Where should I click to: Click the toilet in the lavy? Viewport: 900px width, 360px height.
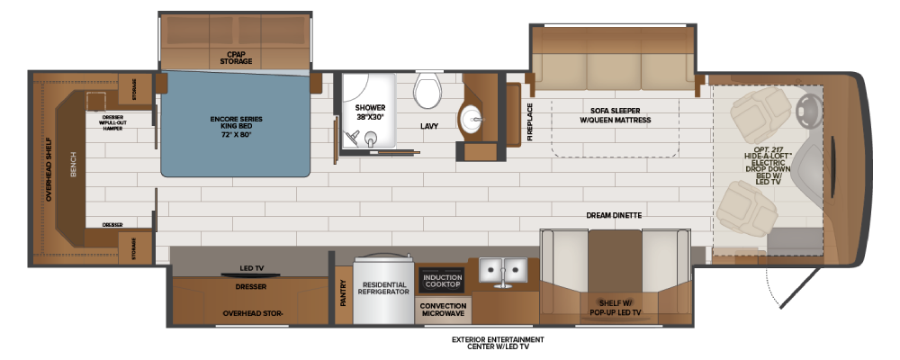[x=427, y=90]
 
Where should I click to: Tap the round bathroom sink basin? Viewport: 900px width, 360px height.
[x=472, y=120]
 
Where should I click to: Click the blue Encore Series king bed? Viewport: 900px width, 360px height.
[x=236, y=124]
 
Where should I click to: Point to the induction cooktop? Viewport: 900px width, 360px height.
[x=443, y=281]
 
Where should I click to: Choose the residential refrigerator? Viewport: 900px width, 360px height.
[x=383, y=288]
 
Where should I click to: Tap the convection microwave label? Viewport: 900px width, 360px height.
[x=443, y=310]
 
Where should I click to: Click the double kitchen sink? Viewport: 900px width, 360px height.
[x=503, y=270]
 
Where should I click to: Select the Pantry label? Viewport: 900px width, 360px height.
[x=343, y=292]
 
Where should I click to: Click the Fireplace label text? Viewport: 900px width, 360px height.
[x=530, y=121]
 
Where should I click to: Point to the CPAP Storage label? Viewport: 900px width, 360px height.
[x=236, y=58]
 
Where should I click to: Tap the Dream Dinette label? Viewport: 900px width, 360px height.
[x=614, y=215]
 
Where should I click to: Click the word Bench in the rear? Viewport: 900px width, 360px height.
[x=73, y=165]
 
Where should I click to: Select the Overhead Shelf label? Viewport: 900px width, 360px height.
[x=49, y=169]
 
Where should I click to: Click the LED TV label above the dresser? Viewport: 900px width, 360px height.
[x=251, y=268]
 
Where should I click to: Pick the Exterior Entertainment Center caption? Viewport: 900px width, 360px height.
[x=498, y=343]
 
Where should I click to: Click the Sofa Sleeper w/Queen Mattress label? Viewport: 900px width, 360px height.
[x=615, y=115]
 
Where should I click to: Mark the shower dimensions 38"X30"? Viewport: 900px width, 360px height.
[x=370, y=117]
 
